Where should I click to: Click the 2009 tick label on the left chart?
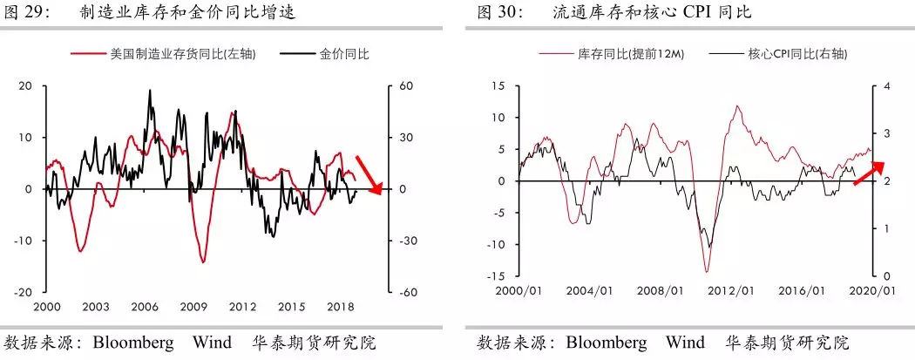click(195, 308)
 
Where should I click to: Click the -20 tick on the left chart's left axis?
click(24, 293)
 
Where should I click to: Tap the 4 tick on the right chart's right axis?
click(887, 86)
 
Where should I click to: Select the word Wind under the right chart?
click(685, 342)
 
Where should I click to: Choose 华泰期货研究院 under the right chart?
click(789, 342)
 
